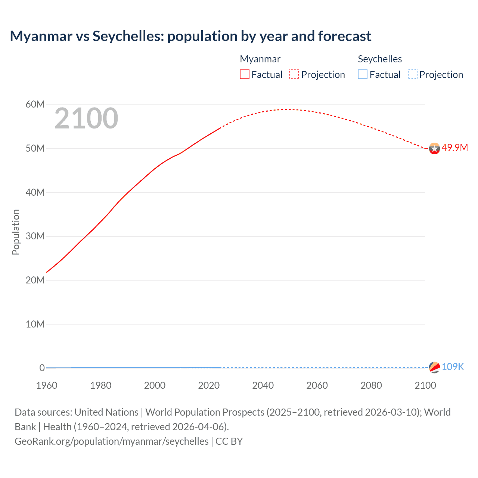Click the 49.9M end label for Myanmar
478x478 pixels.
coord(454,148)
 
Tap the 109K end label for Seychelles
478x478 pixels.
coord(453,367)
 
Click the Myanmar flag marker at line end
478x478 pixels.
coord(434,149)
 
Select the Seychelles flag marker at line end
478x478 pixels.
coord(434,367)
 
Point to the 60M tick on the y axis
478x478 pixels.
coord(35,104)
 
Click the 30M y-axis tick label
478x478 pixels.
coord(35,236)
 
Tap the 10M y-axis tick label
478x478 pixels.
coord(35,324)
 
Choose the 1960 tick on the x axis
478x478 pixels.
coord(47,385)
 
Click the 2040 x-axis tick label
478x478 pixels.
coord(263,385)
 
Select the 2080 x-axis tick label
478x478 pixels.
coord(371,385)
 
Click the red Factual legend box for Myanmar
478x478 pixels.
coord(245,74)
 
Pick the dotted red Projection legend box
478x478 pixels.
coord(294,74)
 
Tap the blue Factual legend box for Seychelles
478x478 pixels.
coord(363,74)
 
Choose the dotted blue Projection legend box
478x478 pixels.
coord(413,74)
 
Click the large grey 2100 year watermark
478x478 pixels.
coord(86,118)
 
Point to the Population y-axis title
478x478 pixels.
coord(16,232)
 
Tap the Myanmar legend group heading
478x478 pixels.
coord(260,59)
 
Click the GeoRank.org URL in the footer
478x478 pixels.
coord(112,441)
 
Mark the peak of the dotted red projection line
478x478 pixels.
coord(286,109)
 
